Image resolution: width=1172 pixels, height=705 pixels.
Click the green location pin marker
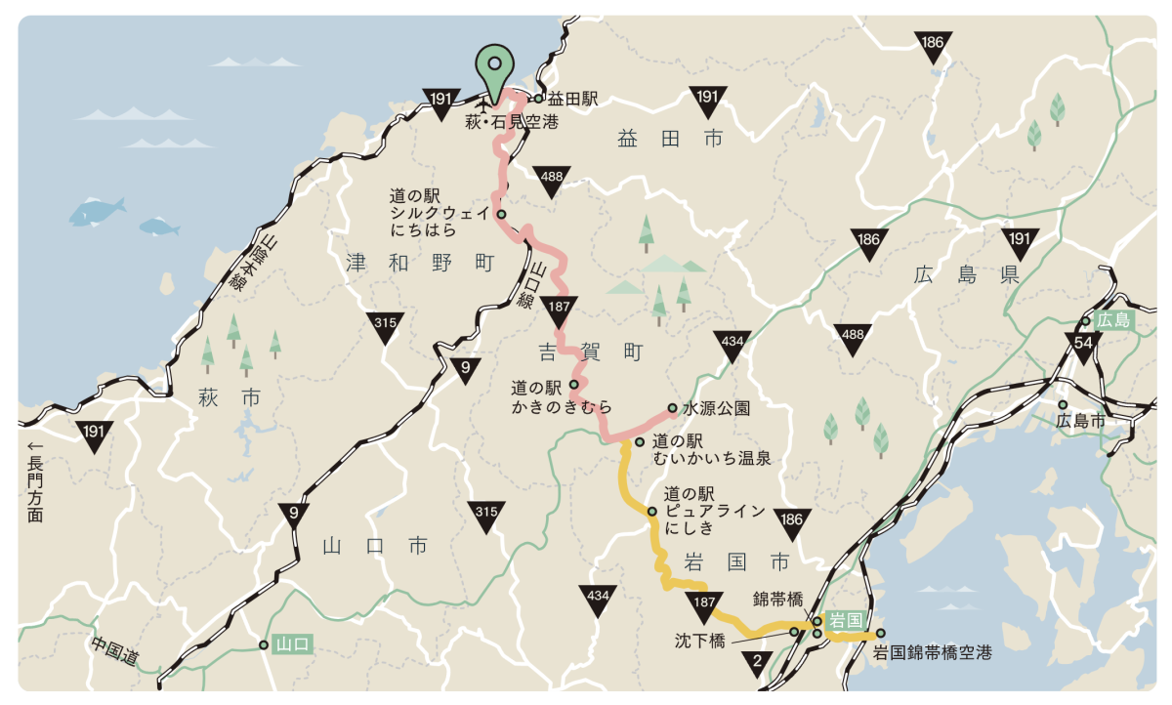click(x=494, y=67)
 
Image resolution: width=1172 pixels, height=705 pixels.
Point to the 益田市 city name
click(x=670, y=140)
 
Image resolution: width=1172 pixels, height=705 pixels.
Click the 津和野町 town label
click(x=421, y=263)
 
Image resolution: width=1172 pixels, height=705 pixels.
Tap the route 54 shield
click(x=1083, y=344)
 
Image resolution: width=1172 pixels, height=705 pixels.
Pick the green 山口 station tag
click(x=292, y=644)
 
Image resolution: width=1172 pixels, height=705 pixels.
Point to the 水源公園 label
click(x=716, y=408)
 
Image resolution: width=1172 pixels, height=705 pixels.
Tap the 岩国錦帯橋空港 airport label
click(x=932, y=652)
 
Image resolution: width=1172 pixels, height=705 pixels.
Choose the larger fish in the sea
click(x=98, y=208)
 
